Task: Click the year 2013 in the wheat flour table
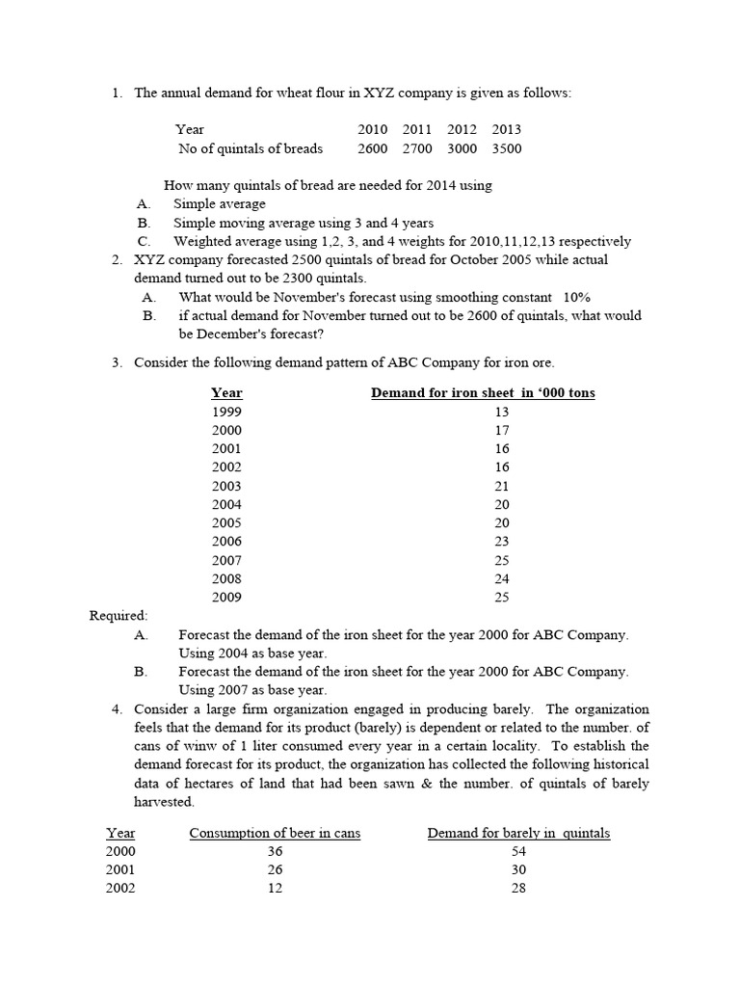506,129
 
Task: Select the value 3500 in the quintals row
506,148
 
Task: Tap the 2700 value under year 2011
417,148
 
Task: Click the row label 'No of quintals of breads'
251,148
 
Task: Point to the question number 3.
116,362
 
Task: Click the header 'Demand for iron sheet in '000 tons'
483,392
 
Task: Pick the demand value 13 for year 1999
501,412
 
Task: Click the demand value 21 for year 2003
501,486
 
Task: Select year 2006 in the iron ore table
226,542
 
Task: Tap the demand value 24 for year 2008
501,579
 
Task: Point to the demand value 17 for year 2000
501,430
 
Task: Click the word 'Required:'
119,616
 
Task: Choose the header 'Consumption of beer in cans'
275,833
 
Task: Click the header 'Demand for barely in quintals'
518,833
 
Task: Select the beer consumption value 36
275,851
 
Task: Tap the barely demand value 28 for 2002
518,889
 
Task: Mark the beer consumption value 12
275,889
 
